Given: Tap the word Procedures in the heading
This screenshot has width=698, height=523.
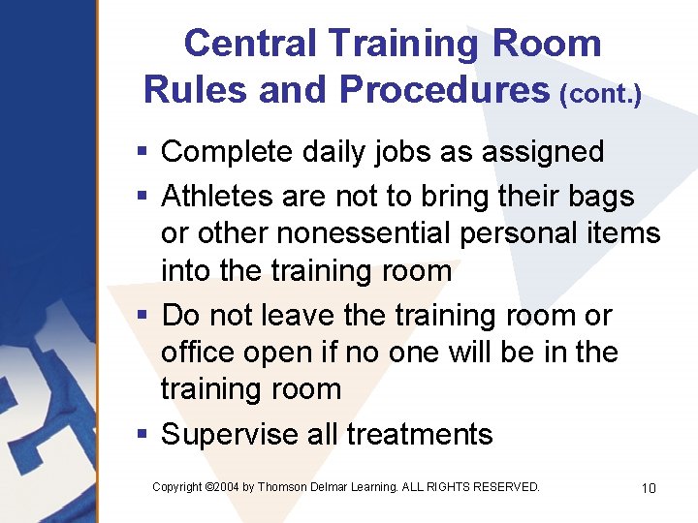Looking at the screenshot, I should [x=444, y=89].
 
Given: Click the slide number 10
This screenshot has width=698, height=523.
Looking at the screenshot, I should [x=649, y=488].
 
